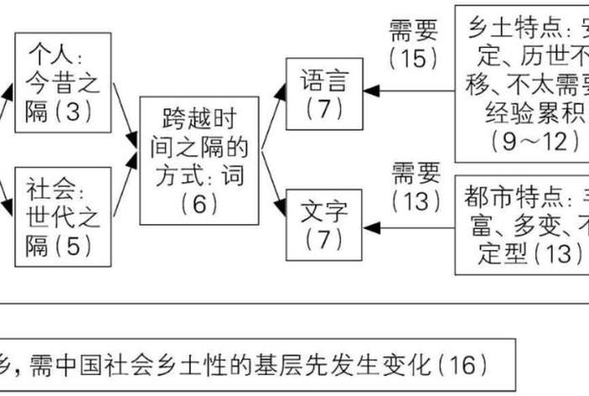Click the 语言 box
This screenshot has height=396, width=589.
(324, 93)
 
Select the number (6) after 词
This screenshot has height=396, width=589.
(199, 203)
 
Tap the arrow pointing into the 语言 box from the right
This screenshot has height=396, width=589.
(408, 89)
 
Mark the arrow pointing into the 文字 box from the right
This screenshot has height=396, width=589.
(408, 226)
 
